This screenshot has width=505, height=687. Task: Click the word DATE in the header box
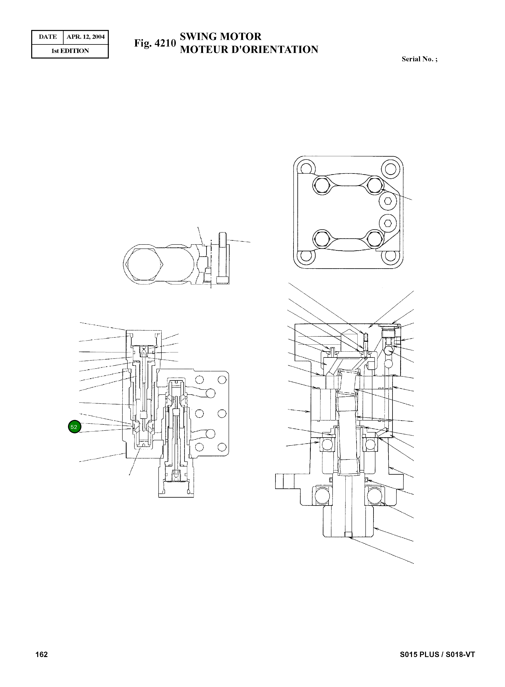pyautogui.click(x=48, y=37)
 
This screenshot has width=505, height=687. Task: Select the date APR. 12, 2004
pyautogui.click(x=86, y=37)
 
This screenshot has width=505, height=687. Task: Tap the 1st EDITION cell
pyautogui.click(x=70, y=51)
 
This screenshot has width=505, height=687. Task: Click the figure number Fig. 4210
pyautogui.click(x=155, y=43)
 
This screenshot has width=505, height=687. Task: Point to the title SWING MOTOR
pyautogui.click(x=220, y=37)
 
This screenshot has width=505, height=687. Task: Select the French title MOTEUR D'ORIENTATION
pyautogui.click(x=249, y=50)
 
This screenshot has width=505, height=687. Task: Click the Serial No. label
pyautogui.click(x=419, y=59)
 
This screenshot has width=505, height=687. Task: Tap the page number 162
pyautogui.click(x=42, y=654)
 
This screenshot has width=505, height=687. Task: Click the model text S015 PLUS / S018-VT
pyautogui.click(x=437, y=654)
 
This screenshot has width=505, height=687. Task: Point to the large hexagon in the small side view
pyautogui.click(x=145, y=264)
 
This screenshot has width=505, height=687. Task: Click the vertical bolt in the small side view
pyautogui.click(x=223, y=258)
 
